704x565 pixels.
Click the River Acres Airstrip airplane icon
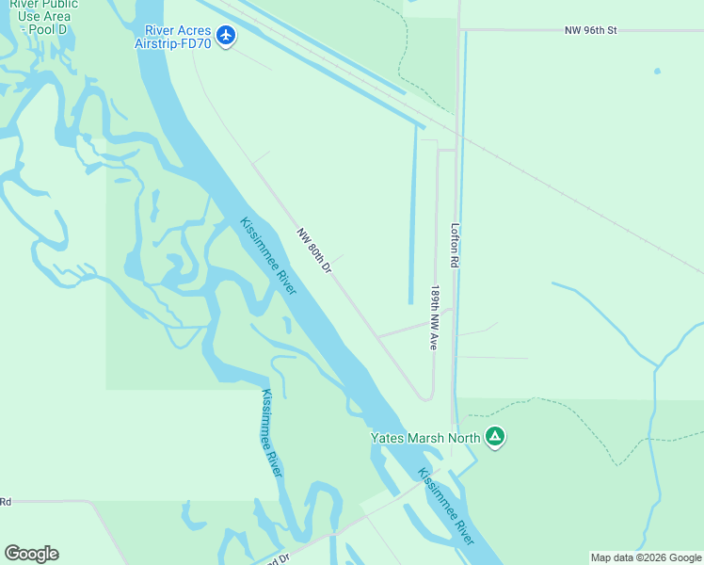pyautogui.click(x=225, y=36)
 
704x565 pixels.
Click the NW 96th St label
pyautogui.click(x=590, y=31)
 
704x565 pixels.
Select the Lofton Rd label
pyautogui.click(x=455, y=246)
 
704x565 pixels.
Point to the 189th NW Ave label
pyautogui.click(x=435, y=318)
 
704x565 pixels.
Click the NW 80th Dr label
pyautogui.click(x=314, y=250)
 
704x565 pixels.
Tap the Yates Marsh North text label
pyautogui.click(x=424, y=437)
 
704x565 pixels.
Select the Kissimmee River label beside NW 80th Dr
pyautogui.click(x=268, y=256)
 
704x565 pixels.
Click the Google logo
pyautogui.click(x=31, y=554)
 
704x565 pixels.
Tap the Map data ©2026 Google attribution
pyautogui.click(x=646, y=557)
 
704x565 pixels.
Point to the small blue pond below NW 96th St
pyautogui.click(x=657, y=72)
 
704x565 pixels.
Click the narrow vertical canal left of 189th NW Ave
pyautogui.click(x=412, y=217)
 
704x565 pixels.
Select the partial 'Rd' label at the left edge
pyautogui.click(x=5, y=502)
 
